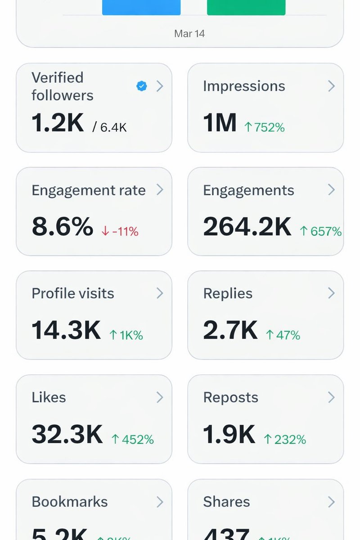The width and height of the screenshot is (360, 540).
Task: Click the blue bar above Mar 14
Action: pyautogui.click(x=141, y=7)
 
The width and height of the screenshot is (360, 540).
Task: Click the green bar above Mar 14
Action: pyautogui.click(x=246, y=7)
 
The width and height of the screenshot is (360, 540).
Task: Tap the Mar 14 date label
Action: pyautogui.click(x=189, y=34)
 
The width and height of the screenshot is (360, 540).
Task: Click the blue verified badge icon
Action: pyautogui.click(x=142, y=86)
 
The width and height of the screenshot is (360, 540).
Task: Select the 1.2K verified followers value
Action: pyautogui.click(x=58, y=123)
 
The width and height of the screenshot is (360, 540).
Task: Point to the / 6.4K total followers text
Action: pyautogui.click(x=109, y=128)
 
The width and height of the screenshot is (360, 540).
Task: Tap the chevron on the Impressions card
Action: pyautogui.click(x=331, y=86)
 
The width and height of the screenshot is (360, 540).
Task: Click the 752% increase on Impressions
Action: pyautogui.click(x=264, y=128)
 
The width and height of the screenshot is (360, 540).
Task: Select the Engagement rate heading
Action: pyautogui.click(x=89, y=190)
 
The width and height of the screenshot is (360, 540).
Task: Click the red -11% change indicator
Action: pyautogui.click(x=120, y=232)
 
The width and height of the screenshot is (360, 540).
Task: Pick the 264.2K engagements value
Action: pyautogui.click(x=247, y=227)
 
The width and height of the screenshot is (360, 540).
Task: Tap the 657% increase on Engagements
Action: pyautogui.click(x=320, y=232)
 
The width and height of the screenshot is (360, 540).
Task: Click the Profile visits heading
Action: pyautogui.click(x=73, y=293)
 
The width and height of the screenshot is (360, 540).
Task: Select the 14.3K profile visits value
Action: pyautogui.click(x=66, y=331)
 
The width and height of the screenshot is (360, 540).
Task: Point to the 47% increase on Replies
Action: pyautogui.click(x=283, y=335)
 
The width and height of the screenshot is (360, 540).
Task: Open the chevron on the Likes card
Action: pyautogui.click(x=160, y=397)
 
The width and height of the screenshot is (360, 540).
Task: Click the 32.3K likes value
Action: pyautogui.click(x=67, y=434)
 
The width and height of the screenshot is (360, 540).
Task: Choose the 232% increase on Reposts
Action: pyautogui.click(x=285, y=439)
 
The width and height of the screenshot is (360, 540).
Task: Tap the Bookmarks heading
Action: pyautogui.click(x=70, y=502)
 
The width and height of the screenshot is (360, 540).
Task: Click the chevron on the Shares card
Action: pyautogui.click(x=331, y=501)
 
